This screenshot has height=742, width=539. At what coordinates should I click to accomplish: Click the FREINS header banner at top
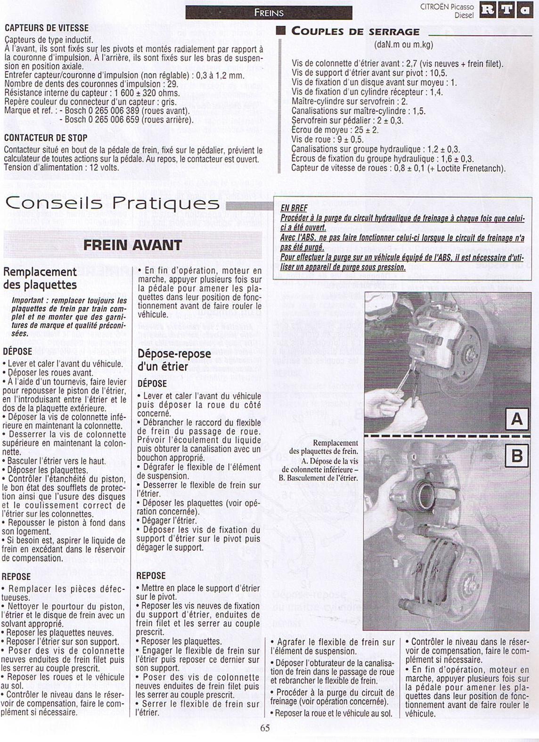[x=269, y=13]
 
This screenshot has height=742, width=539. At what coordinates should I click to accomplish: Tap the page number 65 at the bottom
[x=265, y=728]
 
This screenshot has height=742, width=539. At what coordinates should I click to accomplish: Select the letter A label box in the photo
[x=516, y=418]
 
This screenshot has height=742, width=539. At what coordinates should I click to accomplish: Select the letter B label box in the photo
[x=516, y=456]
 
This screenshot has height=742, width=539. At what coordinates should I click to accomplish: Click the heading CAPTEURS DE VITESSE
[x=46, y=28]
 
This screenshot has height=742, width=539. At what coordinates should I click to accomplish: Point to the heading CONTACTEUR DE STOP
[x=46, y=138]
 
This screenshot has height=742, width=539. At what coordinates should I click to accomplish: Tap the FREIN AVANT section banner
[x=132, y=245]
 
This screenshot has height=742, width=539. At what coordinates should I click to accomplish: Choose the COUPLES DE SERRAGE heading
[x=355, y=32]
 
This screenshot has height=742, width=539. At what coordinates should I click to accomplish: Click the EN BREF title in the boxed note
[x=294, y=208]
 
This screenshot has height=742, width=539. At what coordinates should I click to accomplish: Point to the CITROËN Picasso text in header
[x=447, y=7]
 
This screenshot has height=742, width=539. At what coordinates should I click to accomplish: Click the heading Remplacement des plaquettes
[x=40, y=278]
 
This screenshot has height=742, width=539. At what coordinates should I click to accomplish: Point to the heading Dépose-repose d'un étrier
[x=174, y=360]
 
